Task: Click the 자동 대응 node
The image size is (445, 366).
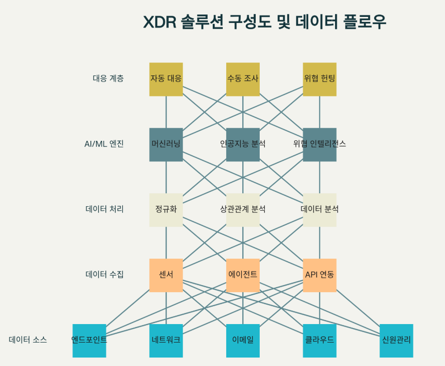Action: coord(166,79)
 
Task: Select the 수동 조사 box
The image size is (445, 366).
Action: coord(243,79)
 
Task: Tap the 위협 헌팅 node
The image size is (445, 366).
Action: coord(320,79)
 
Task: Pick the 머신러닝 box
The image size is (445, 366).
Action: coord(166,144)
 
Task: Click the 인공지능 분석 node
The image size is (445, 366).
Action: coord(243,144)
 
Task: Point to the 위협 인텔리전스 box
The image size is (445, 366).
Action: coord(320,144)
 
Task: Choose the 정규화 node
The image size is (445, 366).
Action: coord(166,210)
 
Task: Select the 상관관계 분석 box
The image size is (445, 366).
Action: coord(243,210)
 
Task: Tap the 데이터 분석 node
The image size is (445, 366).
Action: coord(320,210)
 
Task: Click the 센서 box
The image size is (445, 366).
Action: coord(166,275)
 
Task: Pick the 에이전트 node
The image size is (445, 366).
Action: coord(243,275)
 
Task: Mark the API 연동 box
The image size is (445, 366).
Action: coord(320,275)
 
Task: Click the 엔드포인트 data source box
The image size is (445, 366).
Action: coord(89,341)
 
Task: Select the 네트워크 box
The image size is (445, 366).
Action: coord(166,341)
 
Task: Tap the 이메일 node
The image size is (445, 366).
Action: coord(243,341)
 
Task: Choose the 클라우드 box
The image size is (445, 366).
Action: coord(320,341)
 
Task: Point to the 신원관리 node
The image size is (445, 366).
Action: coord(396,341)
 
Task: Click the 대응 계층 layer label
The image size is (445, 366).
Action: coord(108,78)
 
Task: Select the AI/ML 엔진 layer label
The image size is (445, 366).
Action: coord(104,144)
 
